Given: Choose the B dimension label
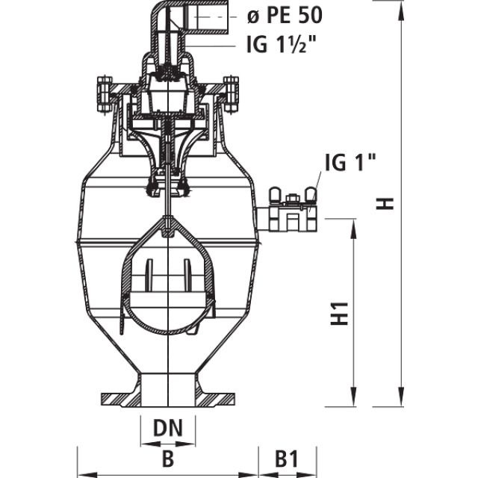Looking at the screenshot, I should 167,456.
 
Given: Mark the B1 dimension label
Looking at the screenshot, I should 287,456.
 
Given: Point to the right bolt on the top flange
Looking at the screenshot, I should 231,93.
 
